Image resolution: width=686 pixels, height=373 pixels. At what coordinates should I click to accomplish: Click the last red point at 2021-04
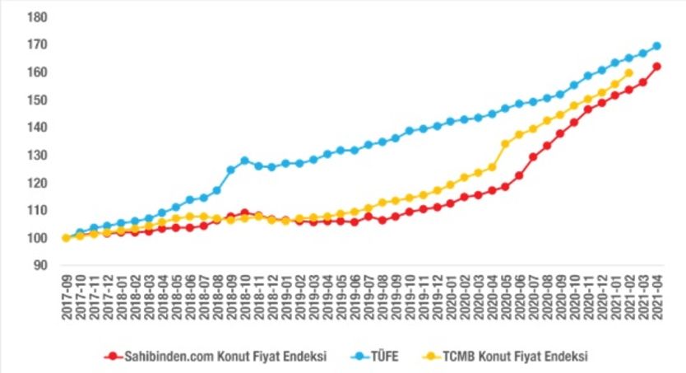[657, 67]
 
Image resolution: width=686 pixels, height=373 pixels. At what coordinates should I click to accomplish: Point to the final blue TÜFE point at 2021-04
[657, 46]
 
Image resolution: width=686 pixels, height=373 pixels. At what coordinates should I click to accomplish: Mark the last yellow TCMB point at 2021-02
[629, 73]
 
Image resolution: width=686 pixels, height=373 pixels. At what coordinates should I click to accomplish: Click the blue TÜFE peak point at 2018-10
[244, 161]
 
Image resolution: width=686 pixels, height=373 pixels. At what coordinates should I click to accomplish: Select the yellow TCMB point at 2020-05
[506, 144]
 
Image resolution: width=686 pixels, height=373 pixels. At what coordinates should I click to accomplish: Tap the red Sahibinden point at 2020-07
[533, 156]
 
